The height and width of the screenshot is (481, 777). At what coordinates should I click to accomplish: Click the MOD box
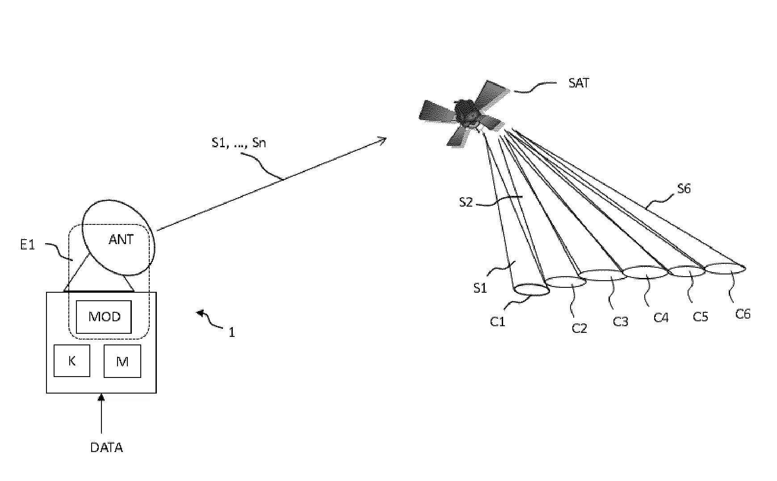click(104, 317)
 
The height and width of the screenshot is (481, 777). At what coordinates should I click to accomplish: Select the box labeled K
click(71, 361)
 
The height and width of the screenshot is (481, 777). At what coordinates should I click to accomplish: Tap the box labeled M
click(122, 361)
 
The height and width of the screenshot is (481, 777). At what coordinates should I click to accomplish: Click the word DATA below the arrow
click(106, 448)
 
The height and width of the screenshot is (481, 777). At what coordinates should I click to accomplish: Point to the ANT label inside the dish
click(121, 240)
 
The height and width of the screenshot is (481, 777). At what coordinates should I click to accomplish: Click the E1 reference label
click(28, 245)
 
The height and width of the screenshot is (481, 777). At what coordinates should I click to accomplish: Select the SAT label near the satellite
click(579, 83)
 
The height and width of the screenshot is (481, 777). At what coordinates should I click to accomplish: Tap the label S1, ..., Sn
click(239, 143)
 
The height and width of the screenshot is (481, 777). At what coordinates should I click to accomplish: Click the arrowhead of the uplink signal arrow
click(382, 140)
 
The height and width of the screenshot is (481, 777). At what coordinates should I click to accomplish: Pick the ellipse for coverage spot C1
click(531, 290)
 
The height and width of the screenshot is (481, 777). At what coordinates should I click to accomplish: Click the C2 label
click(579, 328)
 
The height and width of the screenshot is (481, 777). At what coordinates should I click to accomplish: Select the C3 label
click(620, 321)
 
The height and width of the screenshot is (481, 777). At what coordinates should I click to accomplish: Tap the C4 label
click(661, 318)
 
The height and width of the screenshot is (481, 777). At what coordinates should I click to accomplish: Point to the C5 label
click(700, 316)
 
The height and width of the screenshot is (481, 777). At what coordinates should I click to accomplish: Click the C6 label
click(743, 314)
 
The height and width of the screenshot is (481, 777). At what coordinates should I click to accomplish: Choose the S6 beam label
click(684, 189)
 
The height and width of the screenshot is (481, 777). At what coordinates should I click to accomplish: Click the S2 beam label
click(466, 203)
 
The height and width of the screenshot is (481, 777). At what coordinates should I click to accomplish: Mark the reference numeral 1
click(231, 332)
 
